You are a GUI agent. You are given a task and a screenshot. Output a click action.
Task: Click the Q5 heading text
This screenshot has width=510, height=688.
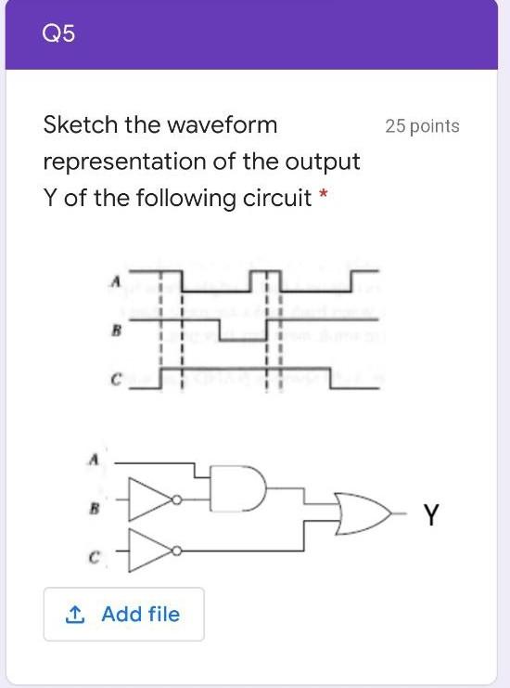(59, 35)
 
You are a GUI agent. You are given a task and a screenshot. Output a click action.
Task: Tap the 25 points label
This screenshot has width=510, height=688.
(422, 126)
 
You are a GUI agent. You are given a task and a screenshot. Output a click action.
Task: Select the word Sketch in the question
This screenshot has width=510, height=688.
(83, 124)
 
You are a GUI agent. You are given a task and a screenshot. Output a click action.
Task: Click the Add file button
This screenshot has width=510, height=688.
(123, 614)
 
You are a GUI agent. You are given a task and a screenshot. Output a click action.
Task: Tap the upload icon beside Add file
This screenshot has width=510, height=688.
(75, 614)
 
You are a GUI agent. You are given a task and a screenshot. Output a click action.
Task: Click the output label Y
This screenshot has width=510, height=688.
(431, 513)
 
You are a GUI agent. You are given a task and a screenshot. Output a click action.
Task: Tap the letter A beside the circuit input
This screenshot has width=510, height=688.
(92, 459)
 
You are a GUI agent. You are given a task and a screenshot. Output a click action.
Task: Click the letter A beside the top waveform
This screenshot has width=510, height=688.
(116, 279)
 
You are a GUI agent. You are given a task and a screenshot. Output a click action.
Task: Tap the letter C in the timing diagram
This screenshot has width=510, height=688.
(116, 378)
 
